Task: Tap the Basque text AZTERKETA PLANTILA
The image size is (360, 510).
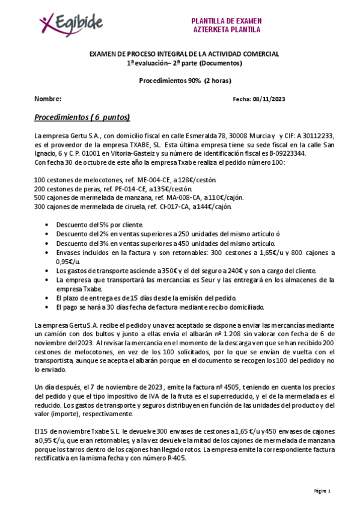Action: (x=226, y=29)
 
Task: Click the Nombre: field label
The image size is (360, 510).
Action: (x=47, y=99)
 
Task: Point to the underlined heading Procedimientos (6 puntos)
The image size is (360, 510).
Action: (x=82, y=117)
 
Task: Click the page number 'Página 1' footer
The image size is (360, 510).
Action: (x=323, y=491)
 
